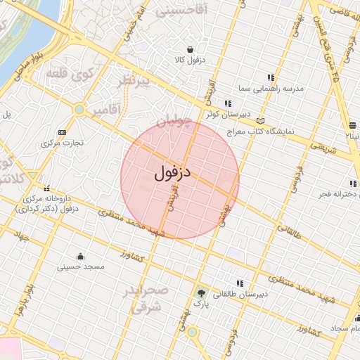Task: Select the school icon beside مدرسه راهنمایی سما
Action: (x=271, y=77)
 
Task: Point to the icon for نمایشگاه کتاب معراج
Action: (x=262, y=120)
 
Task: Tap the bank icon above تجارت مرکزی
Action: (x=63, y=131)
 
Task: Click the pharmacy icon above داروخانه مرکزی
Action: (x=47, y=188)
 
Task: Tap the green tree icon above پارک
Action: (x=202, y=293)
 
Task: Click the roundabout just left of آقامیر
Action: (x=79, y=110)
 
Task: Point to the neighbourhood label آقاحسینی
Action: (x=181, y=11)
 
